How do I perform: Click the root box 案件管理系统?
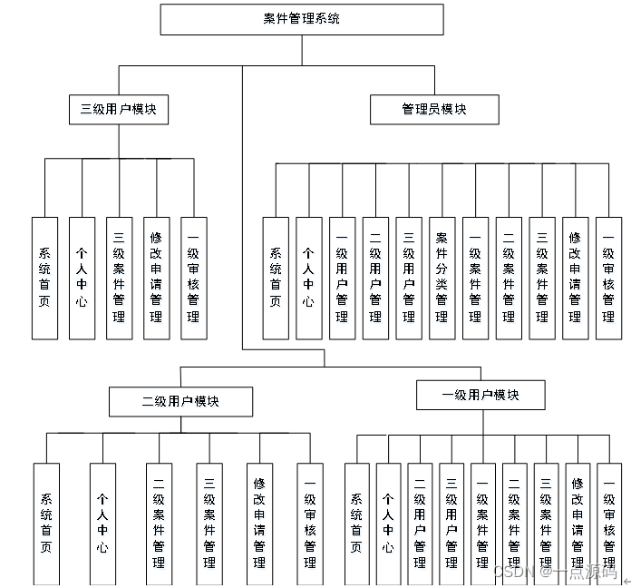point(302,19)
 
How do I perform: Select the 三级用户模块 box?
point(119,110)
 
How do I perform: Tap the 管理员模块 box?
point(434,110)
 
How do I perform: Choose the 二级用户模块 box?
point(180,401)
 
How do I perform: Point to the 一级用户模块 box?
point(481,396)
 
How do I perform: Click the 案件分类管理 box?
point(442,279)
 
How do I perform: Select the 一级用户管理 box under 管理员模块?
point(342,279)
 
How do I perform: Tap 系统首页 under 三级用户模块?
point(44,279)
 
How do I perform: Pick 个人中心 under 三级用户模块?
point(82,279)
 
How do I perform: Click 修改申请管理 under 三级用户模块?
point(156,279)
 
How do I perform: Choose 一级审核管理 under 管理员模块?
point(608,279)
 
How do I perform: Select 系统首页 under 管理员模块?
point(276,279)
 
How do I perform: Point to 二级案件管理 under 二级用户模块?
point(159,524)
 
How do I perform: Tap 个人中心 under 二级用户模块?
point(102,524)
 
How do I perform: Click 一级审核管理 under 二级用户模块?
point(310,524)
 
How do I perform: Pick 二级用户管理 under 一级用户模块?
point(420,524)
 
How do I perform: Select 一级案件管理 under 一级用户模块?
point(482,524)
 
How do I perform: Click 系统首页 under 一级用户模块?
point(357,524)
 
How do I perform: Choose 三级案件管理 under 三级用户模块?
point(119,279)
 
